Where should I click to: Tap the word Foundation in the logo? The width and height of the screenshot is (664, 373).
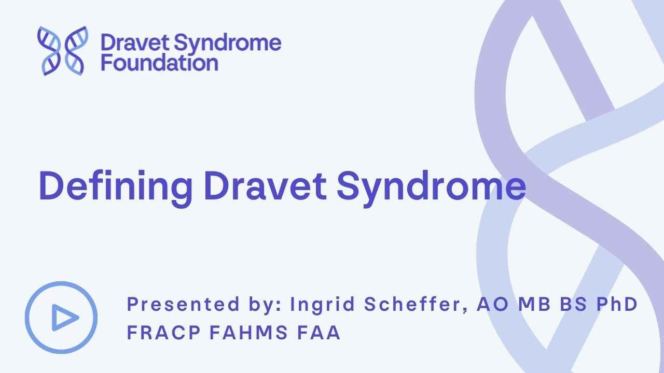point(159,63)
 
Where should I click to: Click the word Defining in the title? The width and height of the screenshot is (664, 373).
point(115,187)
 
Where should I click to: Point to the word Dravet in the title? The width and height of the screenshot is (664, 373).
point(265,187)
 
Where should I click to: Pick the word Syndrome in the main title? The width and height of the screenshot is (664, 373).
point(432,187)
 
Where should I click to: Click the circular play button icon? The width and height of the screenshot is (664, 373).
point(61,318)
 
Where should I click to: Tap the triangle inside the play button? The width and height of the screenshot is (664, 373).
point(64,318)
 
